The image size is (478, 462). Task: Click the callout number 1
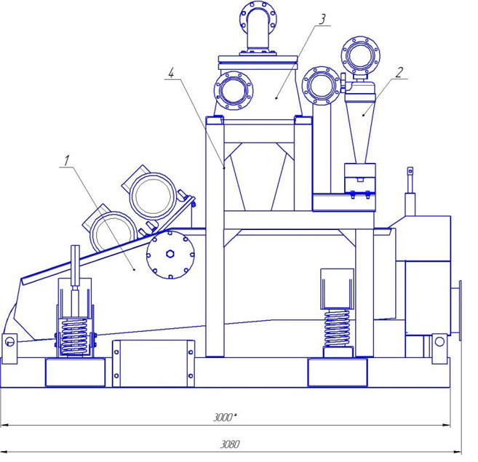click(67, 161)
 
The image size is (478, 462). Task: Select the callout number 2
click(399, 72)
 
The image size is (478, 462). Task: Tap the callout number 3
click(322, 19)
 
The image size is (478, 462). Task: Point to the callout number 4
click(171, 73)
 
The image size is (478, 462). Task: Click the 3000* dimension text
click(225, 417)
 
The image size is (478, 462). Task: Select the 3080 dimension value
click(230, 444)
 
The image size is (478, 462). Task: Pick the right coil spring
click(337, 328)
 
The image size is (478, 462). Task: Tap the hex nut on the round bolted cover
click(170, 254)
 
